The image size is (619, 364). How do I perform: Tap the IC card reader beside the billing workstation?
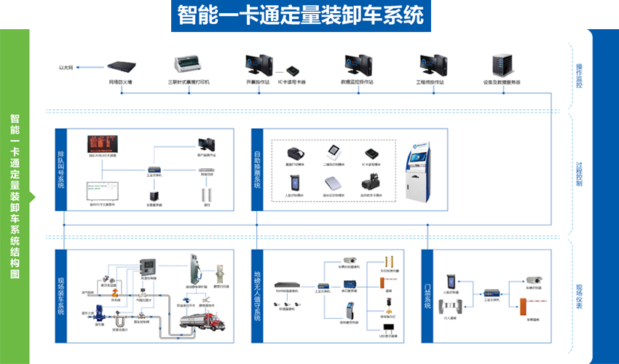coord(292,70)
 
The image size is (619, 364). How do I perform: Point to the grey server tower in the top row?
coord(502,66)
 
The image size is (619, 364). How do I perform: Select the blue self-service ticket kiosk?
coord(418,170)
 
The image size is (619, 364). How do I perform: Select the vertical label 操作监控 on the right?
coord(580,76)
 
